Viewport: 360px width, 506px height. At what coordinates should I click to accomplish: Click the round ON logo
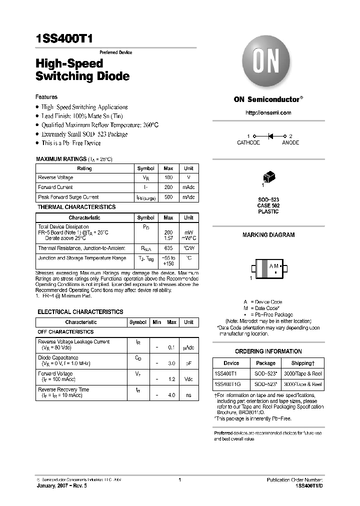(267, 64)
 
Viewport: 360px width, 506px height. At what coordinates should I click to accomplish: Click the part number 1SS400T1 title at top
(64, 40)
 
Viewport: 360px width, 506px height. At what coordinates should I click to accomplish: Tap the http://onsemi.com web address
(268, 113)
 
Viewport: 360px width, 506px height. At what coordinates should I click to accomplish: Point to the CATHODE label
(248, 143)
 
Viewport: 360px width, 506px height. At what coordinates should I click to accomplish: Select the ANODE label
(290, 143)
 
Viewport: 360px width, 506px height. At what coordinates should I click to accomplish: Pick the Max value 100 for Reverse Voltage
(168, 178)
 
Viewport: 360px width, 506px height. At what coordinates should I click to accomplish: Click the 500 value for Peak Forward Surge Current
(168, 197)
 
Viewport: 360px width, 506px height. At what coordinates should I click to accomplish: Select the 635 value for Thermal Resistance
(168, 248)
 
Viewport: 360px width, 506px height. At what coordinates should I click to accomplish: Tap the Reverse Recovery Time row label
(63, 389)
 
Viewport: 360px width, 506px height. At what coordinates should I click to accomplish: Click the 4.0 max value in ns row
(171, 395)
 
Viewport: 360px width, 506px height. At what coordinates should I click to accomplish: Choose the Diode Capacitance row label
(58, 358)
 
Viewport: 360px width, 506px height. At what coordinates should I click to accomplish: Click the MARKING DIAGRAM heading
(268, 235)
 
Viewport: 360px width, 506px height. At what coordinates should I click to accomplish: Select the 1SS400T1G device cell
(227, 384)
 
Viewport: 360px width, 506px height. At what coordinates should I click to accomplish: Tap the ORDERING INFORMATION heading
(268, 351)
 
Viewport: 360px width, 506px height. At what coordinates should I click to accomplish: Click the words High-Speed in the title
(69, 63)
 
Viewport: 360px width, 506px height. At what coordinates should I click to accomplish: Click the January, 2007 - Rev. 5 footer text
(63, 485)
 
